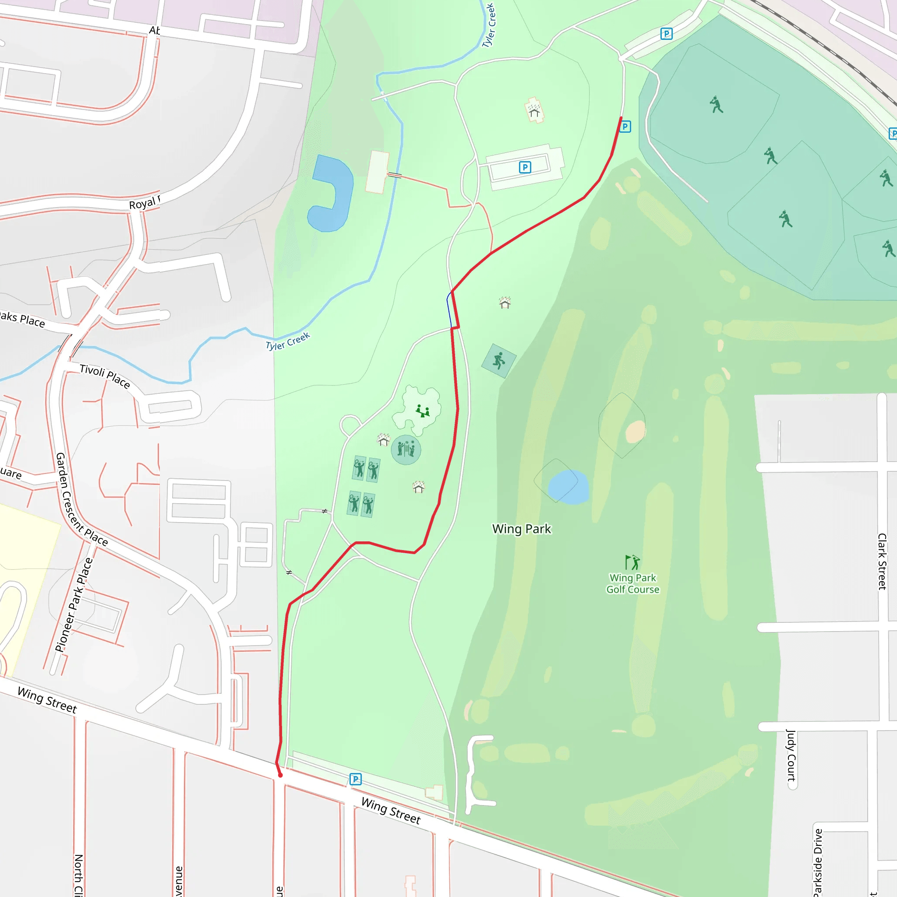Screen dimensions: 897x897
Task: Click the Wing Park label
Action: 521,529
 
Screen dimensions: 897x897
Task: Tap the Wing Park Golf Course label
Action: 632,583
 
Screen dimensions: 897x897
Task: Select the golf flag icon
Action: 632,562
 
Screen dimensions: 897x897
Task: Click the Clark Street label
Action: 882,562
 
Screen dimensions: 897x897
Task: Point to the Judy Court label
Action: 791,755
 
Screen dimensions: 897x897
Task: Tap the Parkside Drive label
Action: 818,861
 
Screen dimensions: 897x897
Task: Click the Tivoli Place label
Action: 105,376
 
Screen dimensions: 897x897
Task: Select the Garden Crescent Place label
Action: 81,500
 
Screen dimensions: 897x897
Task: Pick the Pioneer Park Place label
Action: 74,604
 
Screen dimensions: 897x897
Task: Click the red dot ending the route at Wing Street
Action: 280,775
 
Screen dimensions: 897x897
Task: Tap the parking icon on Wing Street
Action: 355,779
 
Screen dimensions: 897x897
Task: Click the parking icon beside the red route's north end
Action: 625,126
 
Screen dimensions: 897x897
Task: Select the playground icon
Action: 422,411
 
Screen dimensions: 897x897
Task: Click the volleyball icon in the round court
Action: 406,449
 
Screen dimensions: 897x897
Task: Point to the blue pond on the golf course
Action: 568,487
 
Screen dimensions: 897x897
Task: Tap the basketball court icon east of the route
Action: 498,360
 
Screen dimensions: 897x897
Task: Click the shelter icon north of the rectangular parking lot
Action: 534,110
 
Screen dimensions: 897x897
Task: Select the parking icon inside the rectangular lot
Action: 525,167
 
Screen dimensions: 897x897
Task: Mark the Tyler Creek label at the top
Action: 489,25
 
